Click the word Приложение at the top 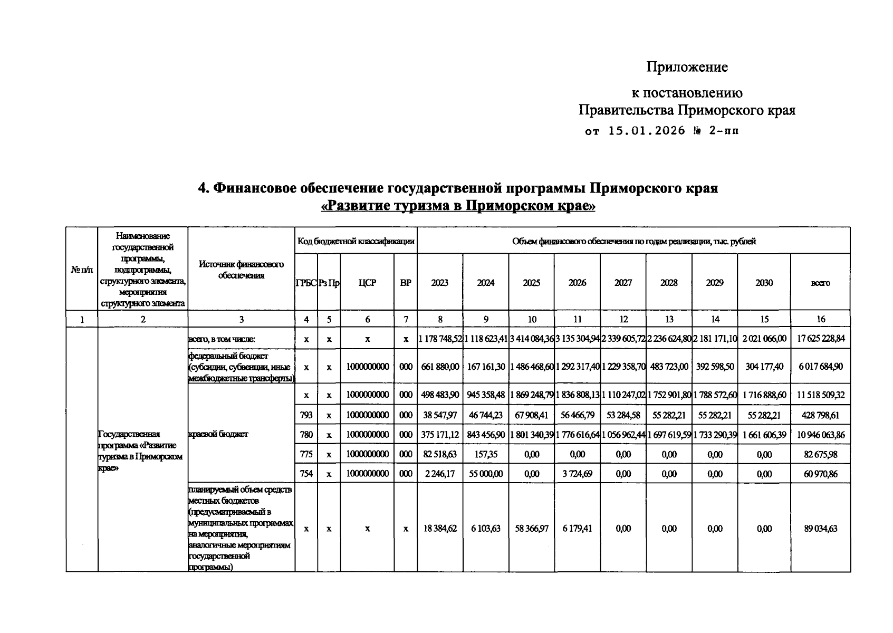click(687, 67)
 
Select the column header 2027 click(623, 283)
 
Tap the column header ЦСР click(367, 283)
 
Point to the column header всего click(820, 283)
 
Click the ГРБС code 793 click(306, 415)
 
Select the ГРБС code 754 click(306, 474)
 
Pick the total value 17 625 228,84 click(820, 339)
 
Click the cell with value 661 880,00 click(440, 367)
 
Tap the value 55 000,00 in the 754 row click(486, 474)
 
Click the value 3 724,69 click(577, 474)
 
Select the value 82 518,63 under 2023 click(440, 454)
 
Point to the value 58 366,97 click(532, 529)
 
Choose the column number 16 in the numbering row click(820, 319)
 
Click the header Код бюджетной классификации click(356, 241)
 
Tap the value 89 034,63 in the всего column click(820, 529)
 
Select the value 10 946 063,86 click(820, 435)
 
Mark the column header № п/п click(82, 269)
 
